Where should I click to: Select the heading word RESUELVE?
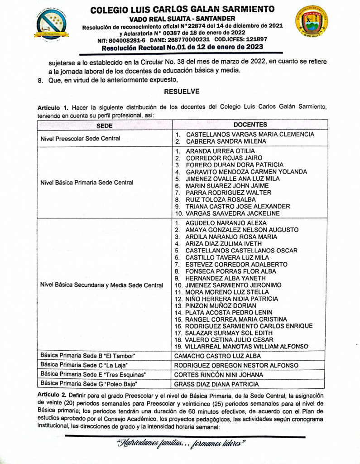click(182, 91)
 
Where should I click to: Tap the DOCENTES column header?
click(250, 125)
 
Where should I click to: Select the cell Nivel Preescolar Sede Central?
click(80, 138)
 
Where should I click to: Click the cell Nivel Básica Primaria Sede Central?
click(86, 183)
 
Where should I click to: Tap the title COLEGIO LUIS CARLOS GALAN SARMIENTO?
click(182, 9)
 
